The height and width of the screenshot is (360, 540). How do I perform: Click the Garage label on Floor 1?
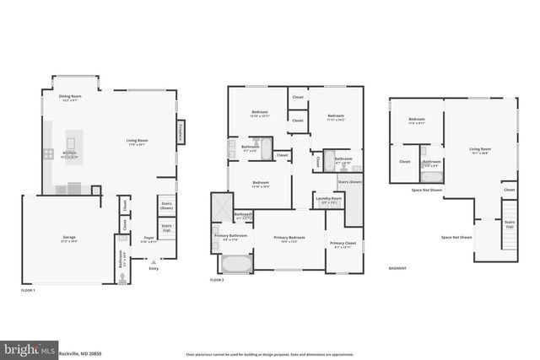(x=68, y=238)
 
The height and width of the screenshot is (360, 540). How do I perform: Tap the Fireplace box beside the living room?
(x=180, y=132)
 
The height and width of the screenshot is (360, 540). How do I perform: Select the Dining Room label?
(x=69, y=97)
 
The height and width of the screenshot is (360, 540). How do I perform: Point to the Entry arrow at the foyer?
(x=153, y=261)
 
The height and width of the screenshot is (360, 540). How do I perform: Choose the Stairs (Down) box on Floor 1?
(x=166, y=206)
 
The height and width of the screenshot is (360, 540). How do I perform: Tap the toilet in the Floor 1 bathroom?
(x=123, y=276)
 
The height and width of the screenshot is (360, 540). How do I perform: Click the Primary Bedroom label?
(x=289, y=239)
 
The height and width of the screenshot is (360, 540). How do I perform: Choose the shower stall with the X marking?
(x=221, y=204)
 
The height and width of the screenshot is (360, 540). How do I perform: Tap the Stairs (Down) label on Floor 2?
(x=349, y=182)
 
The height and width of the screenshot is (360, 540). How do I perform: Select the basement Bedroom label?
(x=416, y=120)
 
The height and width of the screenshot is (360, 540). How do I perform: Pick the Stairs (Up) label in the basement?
(x=510, y=226)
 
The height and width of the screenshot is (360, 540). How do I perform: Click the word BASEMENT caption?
(x=397, y=269)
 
